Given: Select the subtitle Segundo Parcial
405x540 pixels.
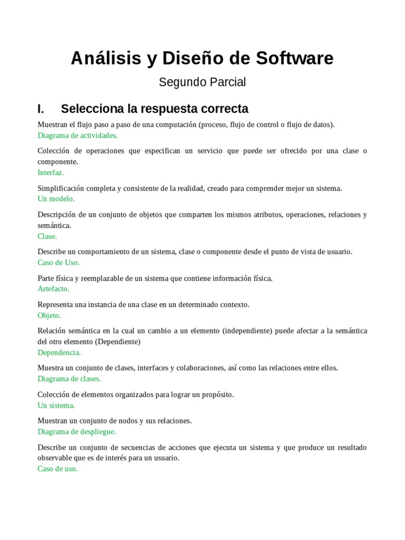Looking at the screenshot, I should coord(202,82).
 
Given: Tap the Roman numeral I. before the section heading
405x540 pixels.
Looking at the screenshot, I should coord(41,109).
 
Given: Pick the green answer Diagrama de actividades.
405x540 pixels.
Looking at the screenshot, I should coord(78,135).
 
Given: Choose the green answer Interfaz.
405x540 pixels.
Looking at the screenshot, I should coord(51,172).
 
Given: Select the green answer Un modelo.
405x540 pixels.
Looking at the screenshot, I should coord(56,199).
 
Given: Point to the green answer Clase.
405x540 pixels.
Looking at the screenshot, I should coord(47,236).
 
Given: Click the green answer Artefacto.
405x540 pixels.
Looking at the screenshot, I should coord(53,289).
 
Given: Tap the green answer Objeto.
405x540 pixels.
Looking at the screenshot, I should coord(49,315).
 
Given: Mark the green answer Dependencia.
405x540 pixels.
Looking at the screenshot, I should coord(59,352).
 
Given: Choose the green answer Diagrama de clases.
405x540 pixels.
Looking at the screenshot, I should coord(69,379).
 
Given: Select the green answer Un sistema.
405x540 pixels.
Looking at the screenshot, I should coord(56,406).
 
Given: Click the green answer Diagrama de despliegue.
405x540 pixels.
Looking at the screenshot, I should coord(76,431).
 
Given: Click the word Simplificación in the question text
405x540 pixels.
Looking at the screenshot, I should coord(61,188).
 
